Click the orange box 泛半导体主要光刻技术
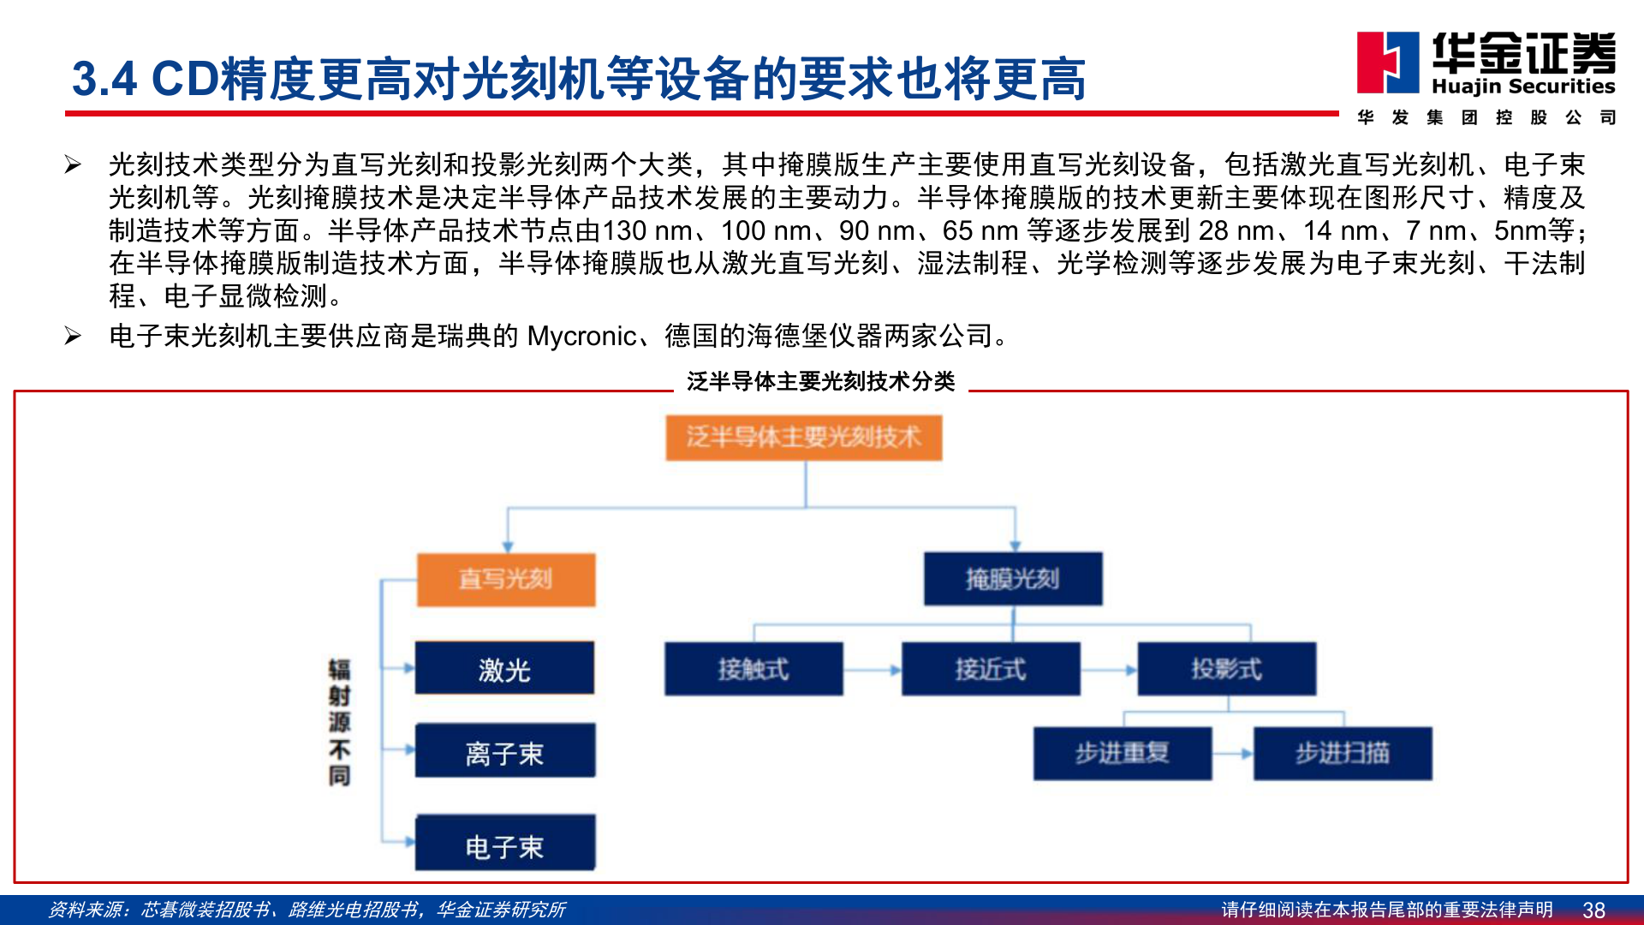(804, 438)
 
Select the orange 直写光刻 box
(506, 580)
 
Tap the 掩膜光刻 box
(1013, 580)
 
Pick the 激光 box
(504, 668)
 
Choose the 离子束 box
(504, 751)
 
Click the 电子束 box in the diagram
(504, 843)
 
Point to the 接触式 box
(753, 669)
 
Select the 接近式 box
(991, 669)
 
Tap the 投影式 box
(1226, 669)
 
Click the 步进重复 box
(1123, 754)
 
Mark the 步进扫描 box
(1343, 754)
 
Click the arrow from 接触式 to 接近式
(873, 670)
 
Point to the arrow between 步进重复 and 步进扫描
(1233, 754)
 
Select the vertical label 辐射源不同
(339, 723)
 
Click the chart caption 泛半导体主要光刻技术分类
(820, 381)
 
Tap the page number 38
(1593, 910)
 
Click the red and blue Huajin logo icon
(1388, 63)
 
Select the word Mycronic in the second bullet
(581, 336)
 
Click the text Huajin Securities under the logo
(1523, 87)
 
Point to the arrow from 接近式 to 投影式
(1109, 670)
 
